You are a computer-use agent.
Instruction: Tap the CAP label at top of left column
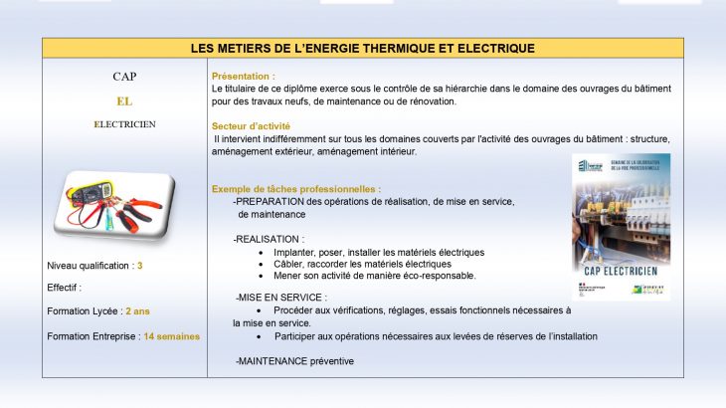point(124,77)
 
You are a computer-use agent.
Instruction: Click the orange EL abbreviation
point(124,101)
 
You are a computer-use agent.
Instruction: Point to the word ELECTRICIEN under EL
point(124,124)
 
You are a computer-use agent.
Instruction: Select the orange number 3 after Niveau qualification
point(140,266)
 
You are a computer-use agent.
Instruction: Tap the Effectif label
point(64,288)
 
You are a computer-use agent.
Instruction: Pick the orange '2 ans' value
point(138,311)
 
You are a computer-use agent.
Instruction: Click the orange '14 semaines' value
point(171,336)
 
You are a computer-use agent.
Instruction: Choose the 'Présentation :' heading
point(244,76)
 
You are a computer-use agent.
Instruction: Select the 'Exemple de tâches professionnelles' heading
point(295,189)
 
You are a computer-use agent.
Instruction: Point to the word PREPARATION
point(271,201)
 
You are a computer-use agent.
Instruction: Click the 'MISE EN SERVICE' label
point(281,298)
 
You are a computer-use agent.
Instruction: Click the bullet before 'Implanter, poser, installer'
point(261,253)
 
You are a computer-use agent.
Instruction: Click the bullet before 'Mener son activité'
point(261,276)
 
